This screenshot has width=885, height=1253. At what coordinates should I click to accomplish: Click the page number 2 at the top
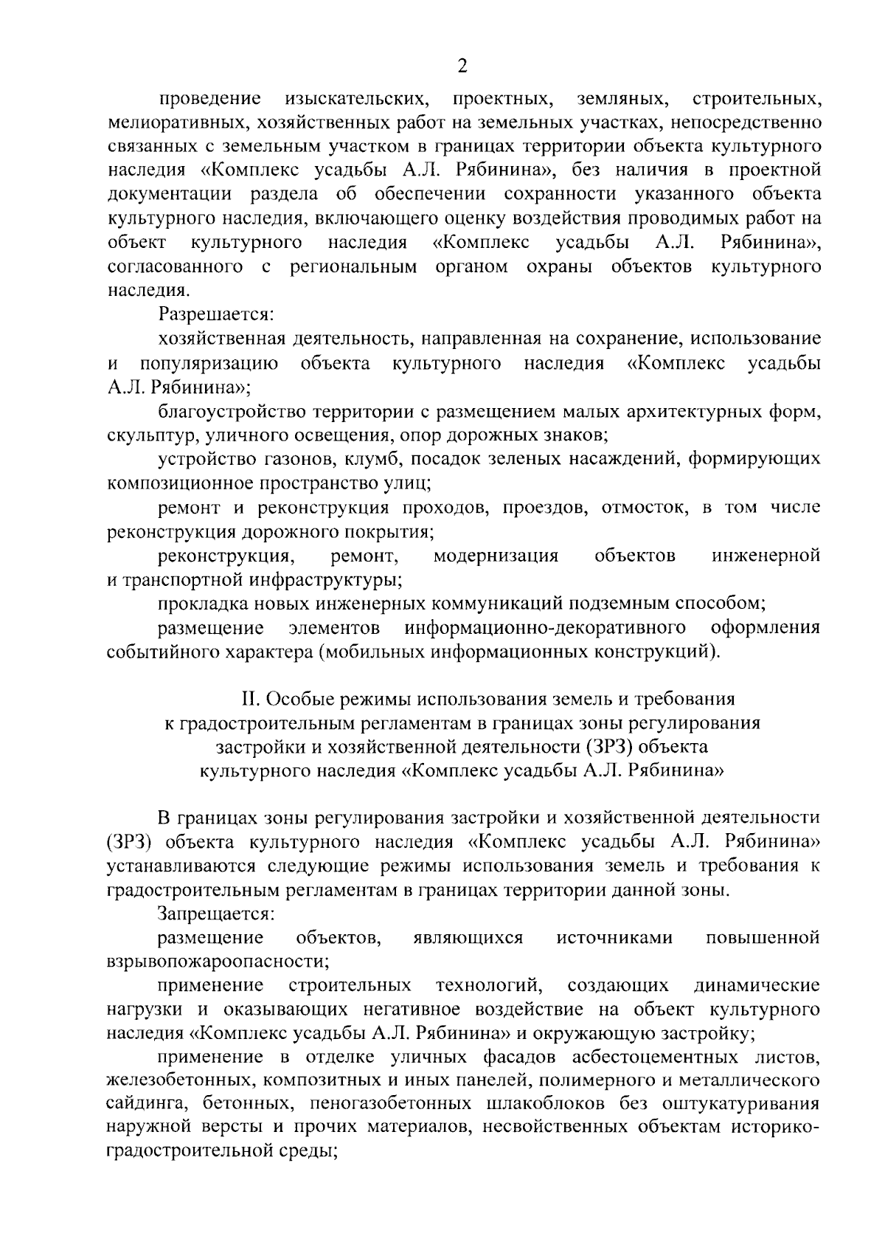pyautogui.click(x=462, y=67)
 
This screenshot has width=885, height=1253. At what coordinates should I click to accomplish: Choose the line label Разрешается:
pyautogui.click(x=216, y=315)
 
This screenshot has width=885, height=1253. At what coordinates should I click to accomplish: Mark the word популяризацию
pyautogui.click(x=209, y=363)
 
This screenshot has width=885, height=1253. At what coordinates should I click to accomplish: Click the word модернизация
pyautogui.click(x=496, y=556)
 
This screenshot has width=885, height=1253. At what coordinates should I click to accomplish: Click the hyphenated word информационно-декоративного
pyautogui.click(x=542, y=628)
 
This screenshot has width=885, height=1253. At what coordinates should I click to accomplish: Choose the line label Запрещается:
pyautogui.click(x=216, y=914)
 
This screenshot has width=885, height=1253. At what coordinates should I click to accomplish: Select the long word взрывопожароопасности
pyautogui.click(x=218, y=962)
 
